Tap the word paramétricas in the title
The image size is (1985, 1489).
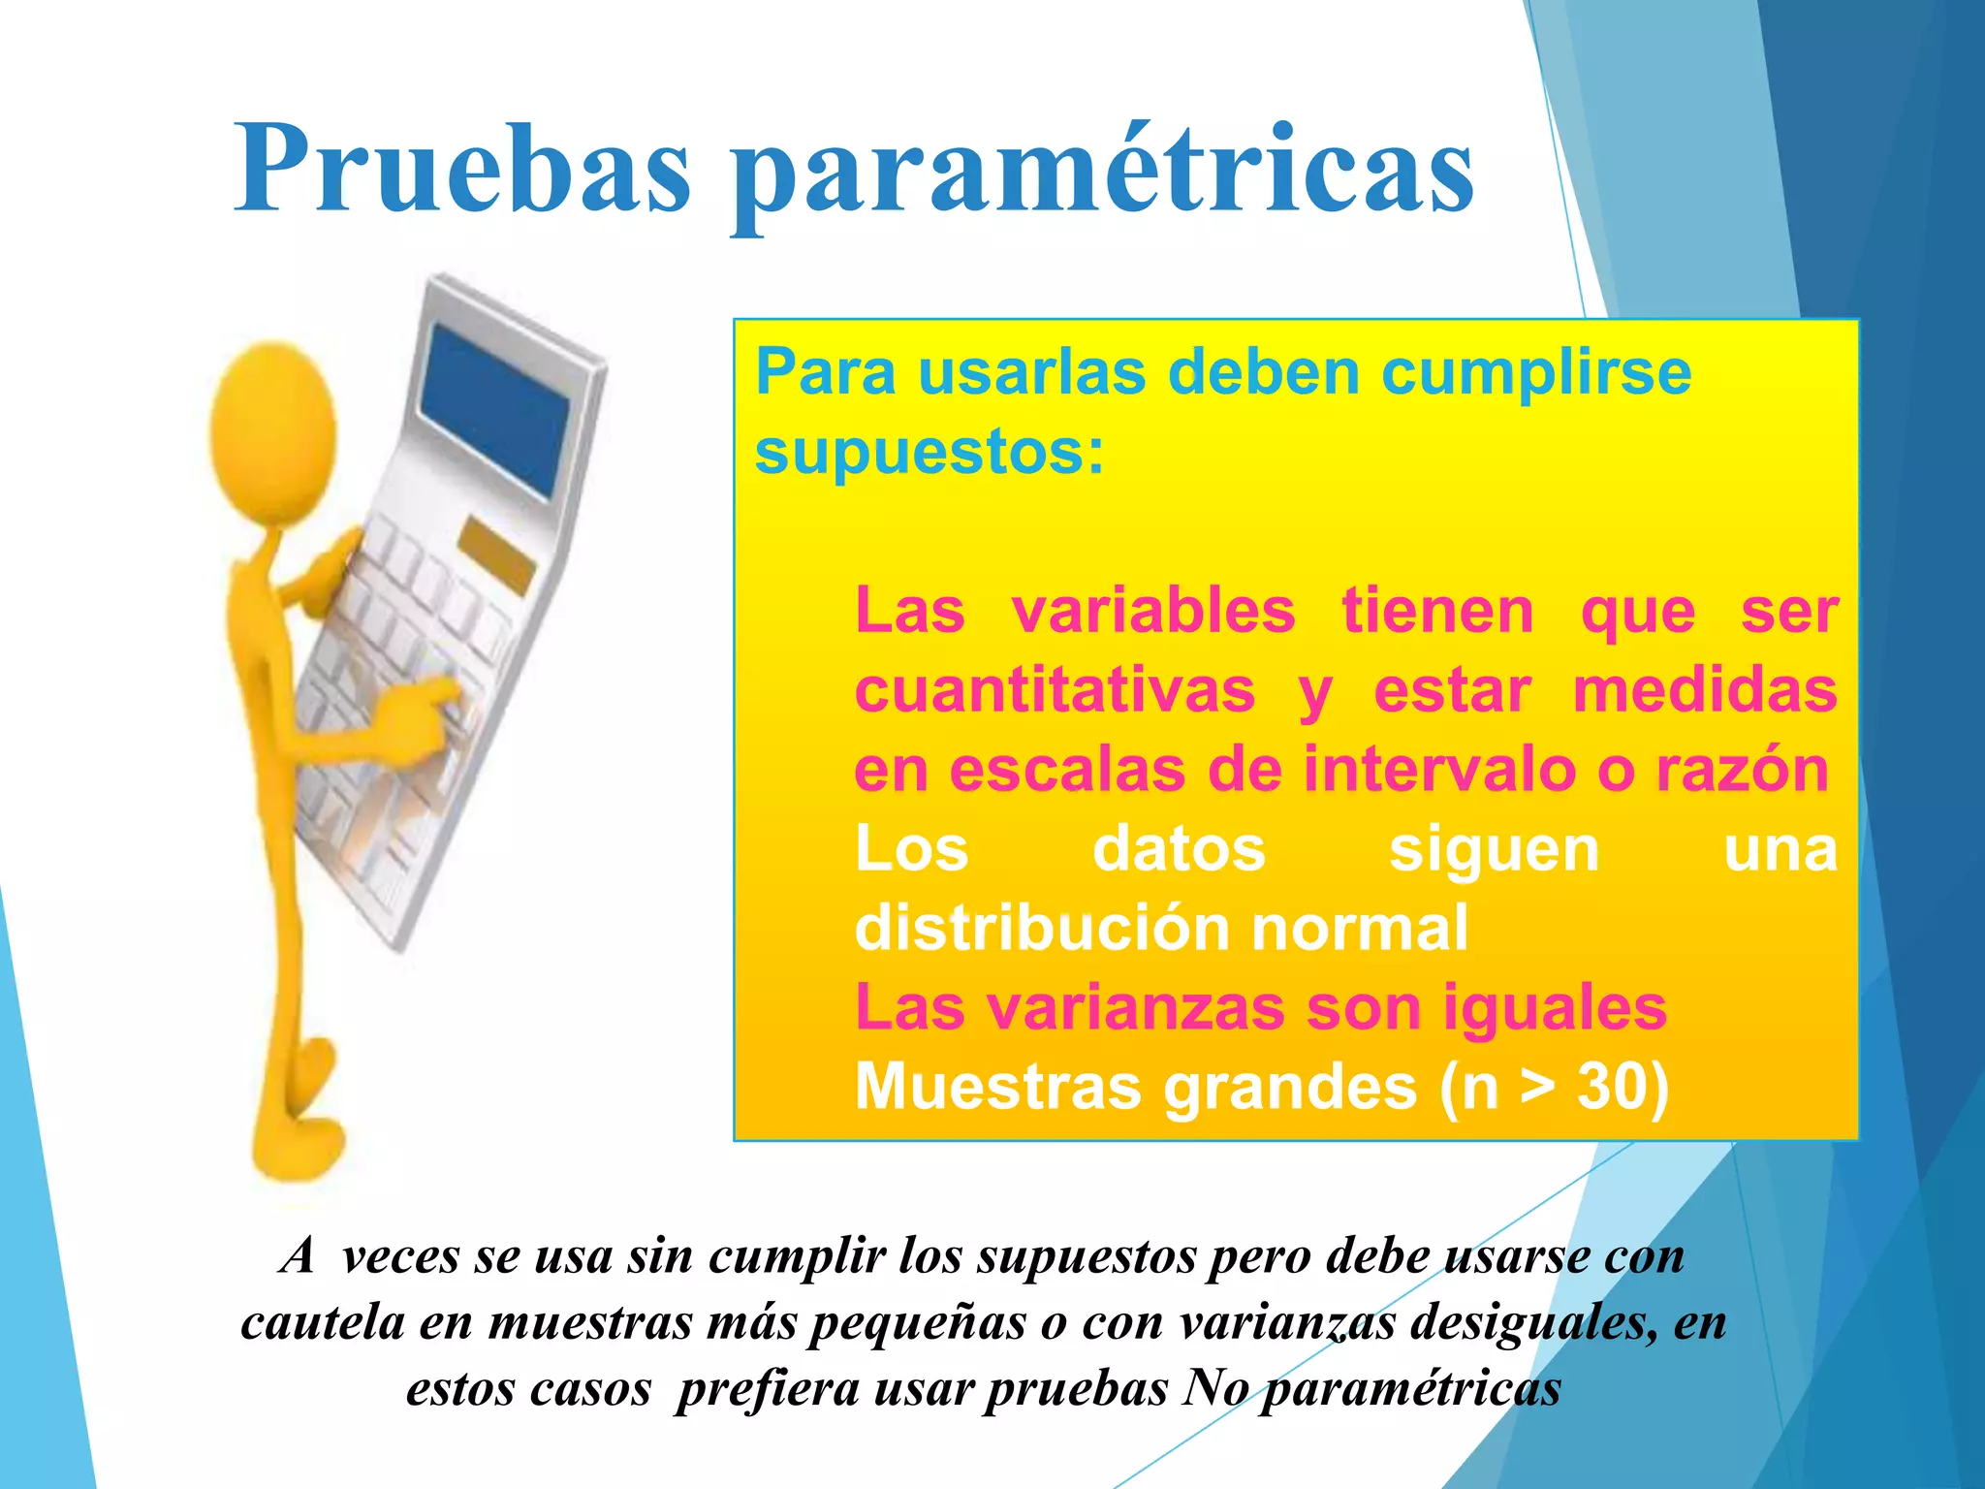tap(1103, 174)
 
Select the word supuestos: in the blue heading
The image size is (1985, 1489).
tap(929, 453)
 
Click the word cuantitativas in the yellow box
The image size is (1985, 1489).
tap(1055, 691)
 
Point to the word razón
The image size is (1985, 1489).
tap(1742, 770)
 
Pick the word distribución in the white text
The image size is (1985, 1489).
tap(1041, 929)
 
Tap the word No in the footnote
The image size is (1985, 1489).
tap(1215, 1388)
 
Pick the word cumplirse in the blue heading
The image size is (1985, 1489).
tap(1535, 372)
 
